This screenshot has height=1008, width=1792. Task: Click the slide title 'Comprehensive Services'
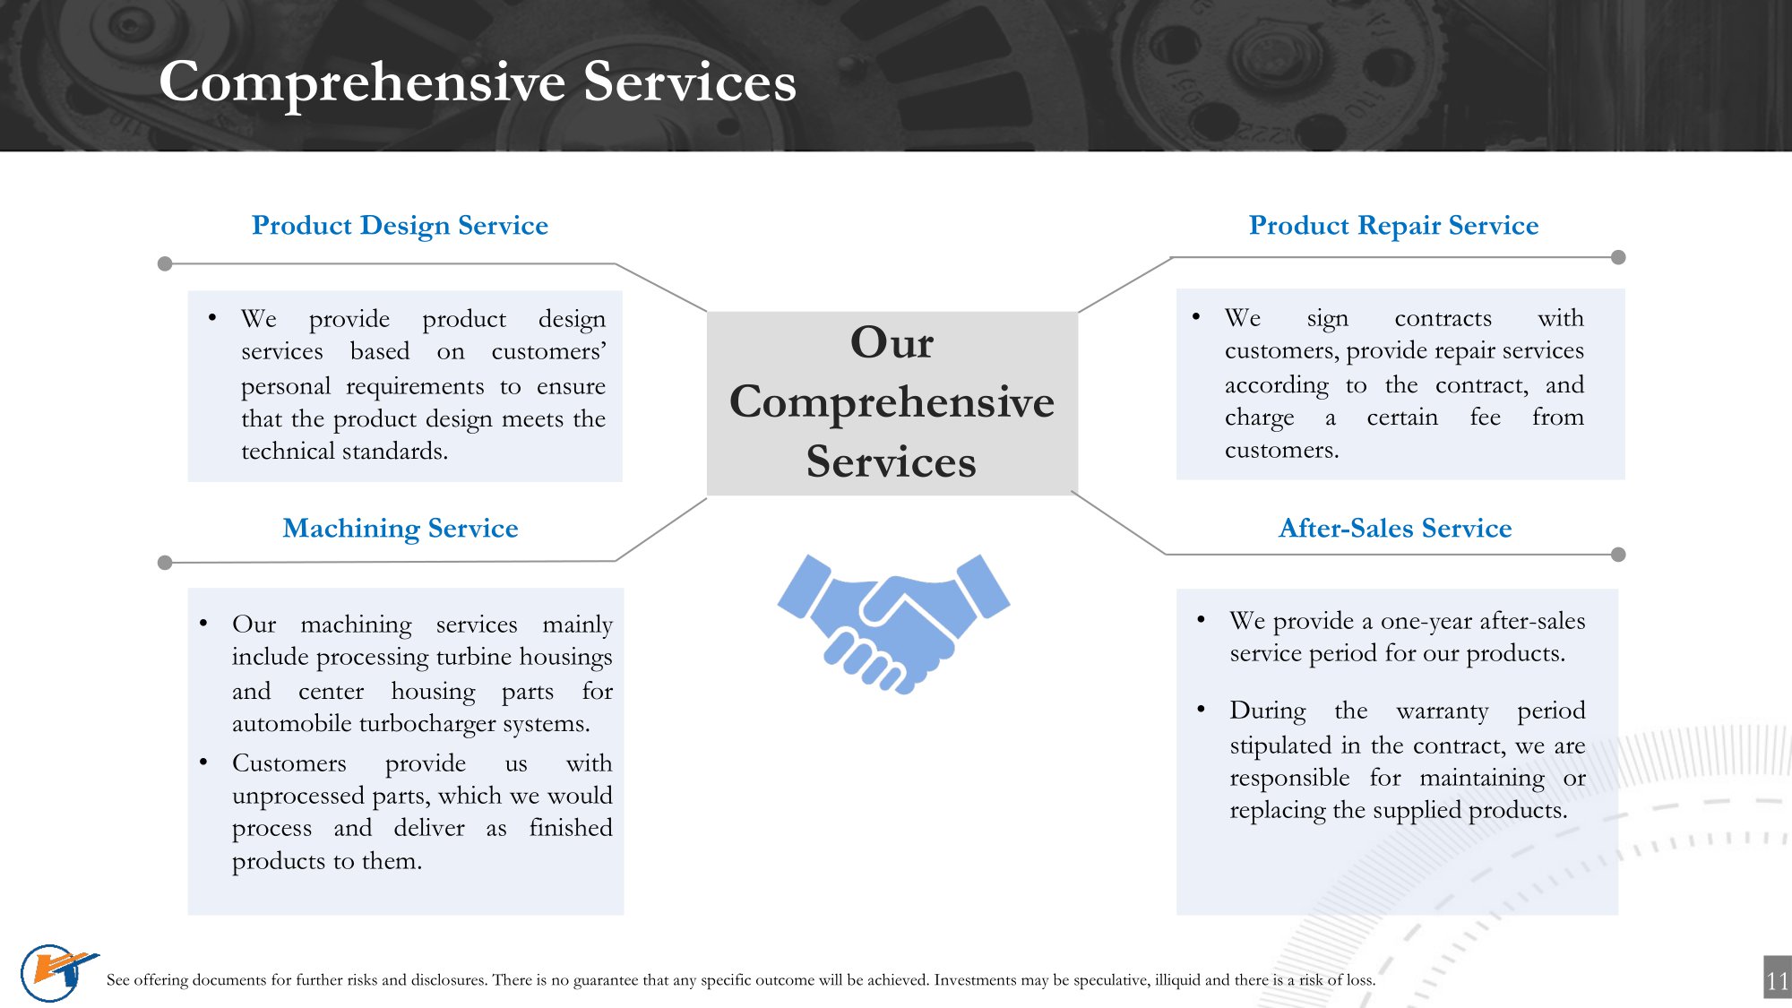pyautogui.click(x=478, y=82)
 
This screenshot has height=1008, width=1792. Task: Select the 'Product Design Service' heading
pyautogui.click(x=400, y=225)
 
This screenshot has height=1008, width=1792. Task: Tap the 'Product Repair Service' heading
pyautogui.click(x=1393, y=225)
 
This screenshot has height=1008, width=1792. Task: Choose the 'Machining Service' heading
pyautogui.click(x=401, y=528)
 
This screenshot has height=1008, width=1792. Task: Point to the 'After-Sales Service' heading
pyautogui.click(x=1395, y=528)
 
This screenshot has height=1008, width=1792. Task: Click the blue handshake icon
pyautogui.click(x=893, y=624)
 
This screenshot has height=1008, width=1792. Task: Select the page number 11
pyautogui.click(x=1778, y=981)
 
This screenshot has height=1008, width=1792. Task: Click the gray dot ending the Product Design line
pyautogui.click(x=165, y=263)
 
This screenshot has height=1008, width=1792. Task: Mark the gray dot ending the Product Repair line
pyautogui.click(x=1618, y=257)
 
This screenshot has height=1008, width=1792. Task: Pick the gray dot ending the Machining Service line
pyautogui.click(x=165, y=563)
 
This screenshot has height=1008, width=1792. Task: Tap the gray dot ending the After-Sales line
pyautogui.click(x=1618, y=555)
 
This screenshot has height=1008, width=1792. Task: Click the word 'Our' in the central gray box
pyautogui.click(x=892, y=342)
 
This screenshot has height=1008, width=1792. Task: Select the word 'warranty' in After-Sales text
pyautogui.click(x=1442, y=711)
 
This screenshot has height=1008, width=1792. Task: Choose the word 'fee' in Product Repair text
pyautogui.click(x=1485, y=417)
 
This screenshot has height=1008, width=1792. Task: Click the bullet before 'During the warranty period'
pyautogui.click(x=1201, y=709)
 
